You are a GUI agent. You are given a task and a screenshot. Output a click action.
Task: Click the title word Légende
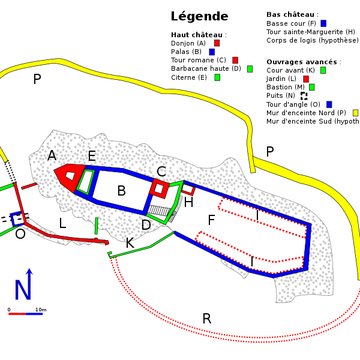coord(200,16)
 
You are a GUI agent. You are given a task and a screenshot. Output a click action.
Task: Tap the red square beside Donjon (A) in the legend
coord(216,43)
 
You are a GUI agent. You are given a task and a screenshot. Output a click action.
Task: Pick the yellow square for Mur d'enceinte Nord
coord(355,112)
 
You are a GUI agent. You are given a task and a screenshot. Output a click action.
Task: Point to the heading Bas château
coord(289,14)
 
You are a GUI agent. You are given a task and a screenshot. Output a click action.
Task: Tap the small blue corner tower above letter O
coord(17,218)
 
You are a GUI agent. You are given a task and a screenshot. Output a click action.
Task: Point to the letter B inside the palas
coord(121,190)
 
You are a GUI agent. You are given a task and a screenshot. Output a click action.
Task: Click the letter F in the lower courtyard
coord(210,219)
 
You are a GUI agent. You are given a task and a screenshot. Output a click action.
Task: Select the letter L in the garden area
coord(62,223)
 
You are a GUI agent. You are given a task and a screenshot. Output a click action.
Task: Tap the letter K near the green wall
coord(129,242)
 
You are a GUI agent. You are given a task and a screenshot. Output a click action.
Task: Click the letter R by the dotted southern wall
coord(206,319)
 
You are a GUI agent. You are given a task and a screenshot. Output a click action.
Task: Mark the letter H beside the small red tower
coord(188,202)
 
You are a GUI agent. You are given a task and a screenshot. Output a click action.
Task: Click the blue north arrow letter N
coord(23,290)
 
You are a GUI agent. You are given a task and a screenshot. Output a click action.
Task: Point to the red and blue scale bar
coord(25,312)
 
